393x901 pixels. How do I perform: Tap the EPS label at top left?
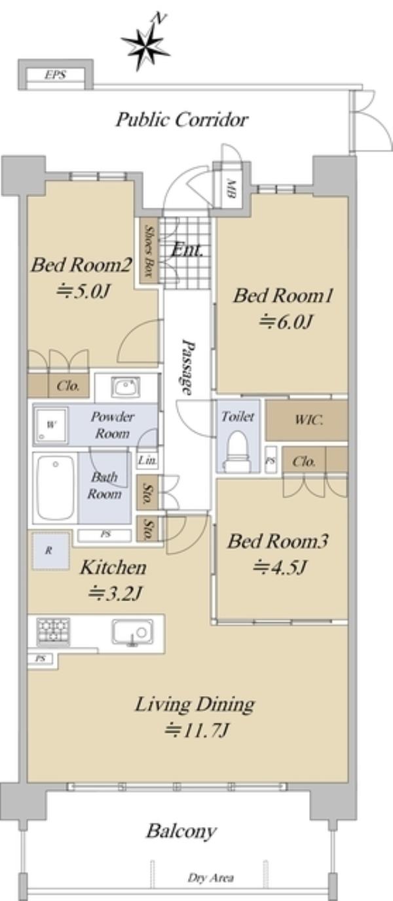tap(56, 75)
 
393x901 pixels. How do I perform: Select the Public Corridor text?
tap(182, 120)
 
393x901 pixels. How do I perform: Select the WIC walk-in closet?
tap(307, 420)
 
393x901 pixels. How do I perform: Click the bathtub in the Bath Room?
tap(56, 488)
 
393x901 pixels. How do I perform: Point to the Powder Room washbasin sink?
tap(126, 388)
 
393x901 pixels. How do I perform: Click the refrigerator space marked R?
tap(50, 551)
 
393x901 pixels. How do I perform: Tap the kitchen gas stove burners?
tap(53, 631)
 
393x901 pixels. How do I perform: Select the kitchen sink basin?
tap(133, 633)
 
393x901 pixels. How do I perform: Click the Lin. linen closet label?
tap(147, 460)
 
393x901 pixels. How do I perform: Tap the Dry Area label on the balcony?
tap(210, 878)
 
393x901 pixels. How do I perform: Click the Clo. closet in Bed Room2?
tap(68, 386)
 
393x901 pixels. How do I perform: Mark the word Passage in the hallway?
tap(188, 367)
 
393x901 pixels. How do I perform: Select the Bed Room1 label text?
tap(283, 296)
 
